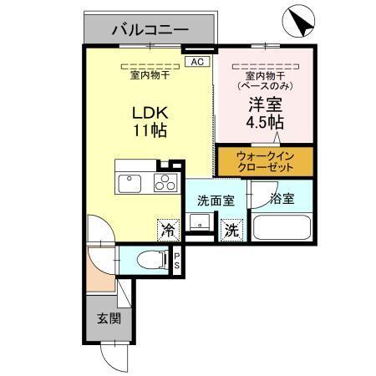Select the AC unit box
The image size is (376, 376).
click(x=196, y=62)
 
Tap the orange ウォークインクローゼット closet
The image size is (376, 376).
click(x=265, y=161)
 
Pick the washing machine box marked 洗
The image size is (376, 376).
click(x=231, y=228)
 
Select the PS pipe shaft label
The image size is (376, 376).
click(x=177, y=261)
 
